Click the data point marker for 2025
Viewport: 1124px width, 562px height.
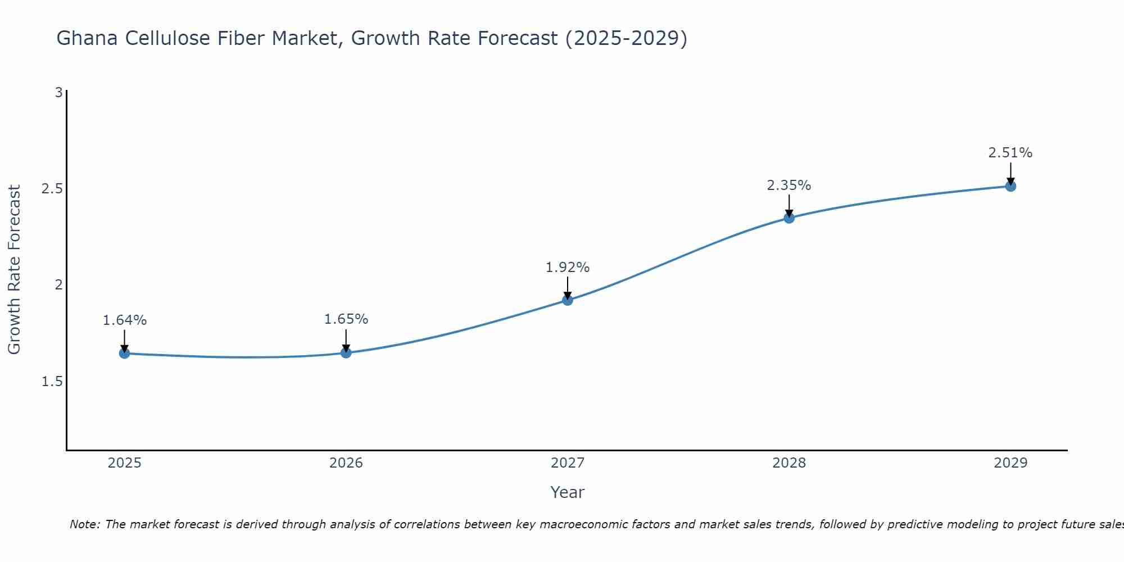click(x=124, y=353)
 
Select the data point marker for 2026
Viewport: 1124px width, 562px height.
click(x=346, y=353)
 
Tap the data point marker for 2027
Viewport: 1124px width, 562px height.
click(x=568, y=300)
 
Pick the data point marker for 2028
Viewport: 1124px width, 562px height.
click(x=789, y=218)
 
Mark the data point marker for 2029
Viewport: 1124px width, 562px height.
click(x=1010, y=186)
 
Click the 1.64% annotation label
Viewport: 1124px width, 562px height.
click(x=124, y=320)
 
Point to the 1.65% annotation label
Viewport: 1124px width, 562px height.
click(x=346, y=319)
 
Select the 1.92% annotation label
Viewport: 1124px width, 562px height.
click(x=568, y=268)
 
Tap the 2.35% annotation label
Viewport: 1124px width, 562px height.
click(x=789, y=185)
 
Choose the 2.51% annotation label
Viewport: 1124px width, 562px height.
click(x=1010, y=153)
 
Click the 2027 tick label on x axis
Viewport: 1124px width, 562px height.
click(x=568, y=463)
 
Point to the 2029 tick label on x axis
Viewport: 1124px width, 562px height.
click(x=1010, y=463)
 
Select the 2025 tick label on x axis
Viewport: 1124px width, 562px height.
click(x=124, y=463)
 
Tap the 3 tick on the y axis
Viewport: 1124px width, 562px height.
click(x=58, y=93)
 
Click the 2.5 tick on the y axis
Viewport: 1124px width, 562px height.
click(x=52, y=189)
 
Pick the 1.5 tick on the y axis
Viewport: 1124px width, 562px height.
click(x=52, y=382)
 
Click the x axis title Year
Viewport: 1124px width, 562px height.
click(x=568, y=492)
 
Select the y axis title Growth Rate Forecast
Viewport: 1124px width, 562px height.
click(x=15, y=270)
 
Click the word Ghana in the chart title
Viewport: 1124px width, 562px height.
click(x=87, y=38)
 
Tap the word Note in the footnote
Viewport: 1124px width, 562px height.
click(x=84, y=524)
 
